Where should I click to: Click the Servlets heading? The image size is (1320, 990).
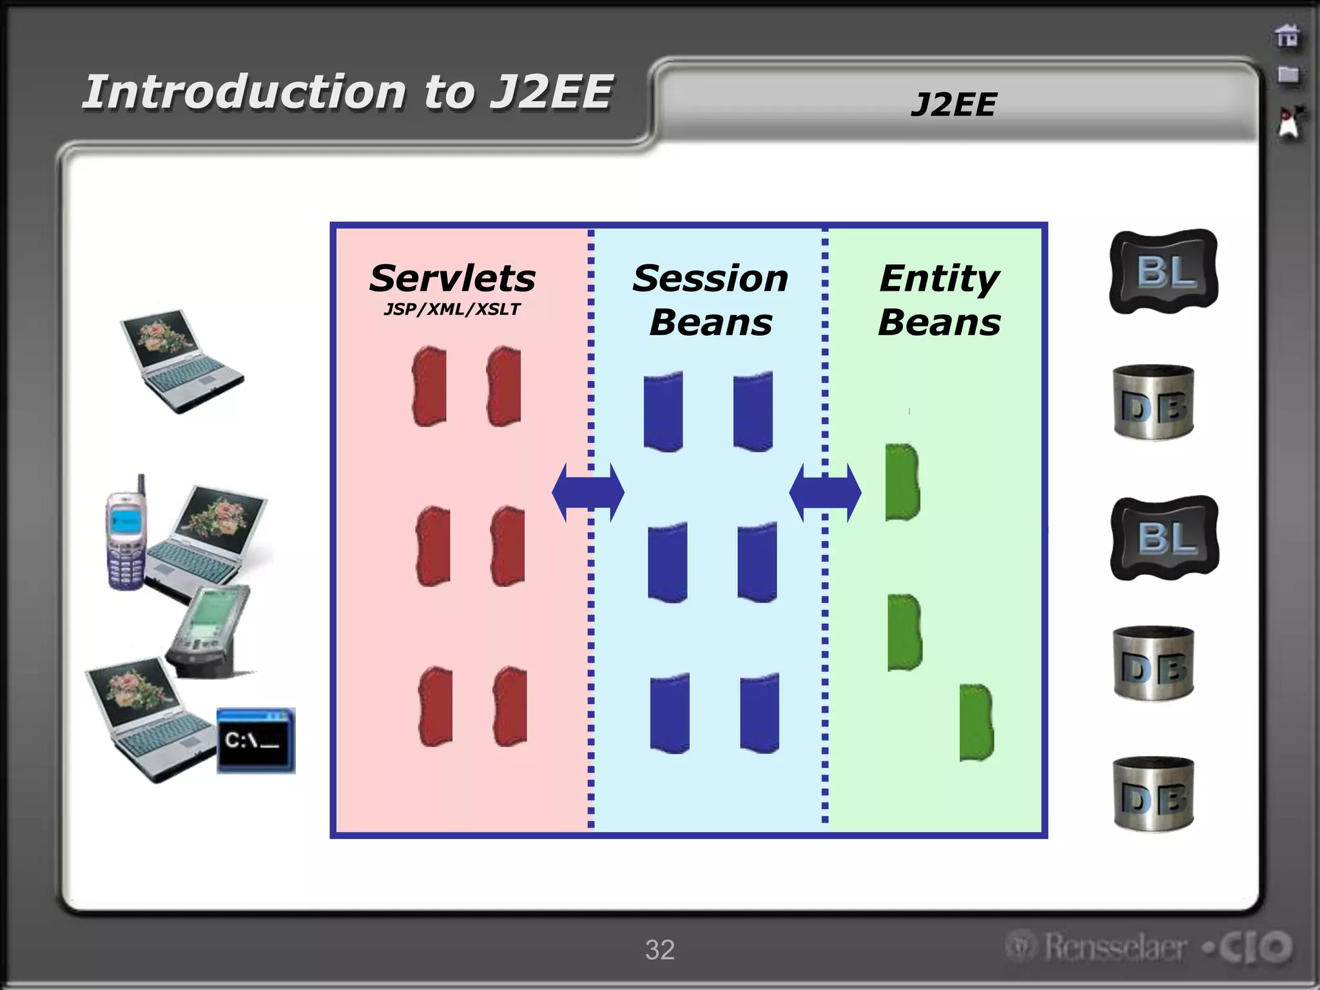point(452,278)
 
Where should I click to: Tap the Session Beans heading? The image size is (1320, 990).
point(710,300)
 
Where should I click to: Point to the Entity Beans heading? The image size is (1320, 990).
point(940,300)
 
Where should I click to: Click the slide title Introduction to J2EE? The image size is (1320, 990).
point(348,92)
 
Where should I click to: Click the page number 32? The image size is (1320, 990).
point(659,949)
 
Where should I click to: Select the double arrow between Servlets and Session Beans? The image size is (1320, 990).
point(588,492)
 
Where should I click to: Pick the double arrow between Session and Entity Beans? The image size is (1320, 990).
point(825,492)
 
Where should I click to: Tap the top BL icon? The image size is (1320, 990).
point(1164,271)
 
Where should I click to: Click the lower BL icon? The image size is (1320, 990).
point(1165,538)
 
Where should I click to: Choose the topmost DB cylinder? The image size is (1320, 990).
point(1154,403)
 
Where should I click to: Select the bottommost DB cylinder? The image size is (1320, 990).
point(1154,794)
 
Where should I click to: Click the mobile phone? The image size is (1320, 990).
point(126,535)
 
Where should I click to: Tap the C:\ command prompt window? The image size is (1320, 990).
point(256,740)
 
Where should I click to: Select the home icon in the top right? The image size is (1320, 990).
point(1288,36)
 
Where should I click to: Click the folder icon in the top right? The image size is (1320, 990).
point(1288,75)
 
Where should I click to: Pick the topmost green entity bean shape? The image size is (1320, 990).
point(902,481)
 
